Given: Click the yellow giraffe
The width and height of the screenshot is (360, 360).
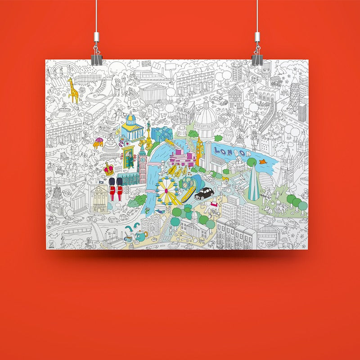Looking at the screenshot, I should point(73,90).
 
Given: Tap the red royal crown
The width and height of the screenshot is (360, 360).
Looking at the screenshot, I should point(108,169).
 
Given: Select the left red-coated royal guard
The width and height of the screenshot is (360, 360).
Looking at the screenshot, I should point(112,189).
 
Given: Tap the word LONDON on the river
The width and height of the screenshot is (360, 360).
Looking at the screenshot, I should point(232,152).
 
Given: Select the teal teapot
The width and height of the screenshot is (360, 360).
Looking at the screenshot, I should point(141,234).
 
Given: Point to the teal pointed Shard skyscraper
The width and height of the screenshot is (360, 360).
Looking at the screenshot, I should point(253,182).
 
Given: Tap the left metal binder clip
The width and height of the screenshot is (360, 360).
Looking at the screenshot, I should point(96,58).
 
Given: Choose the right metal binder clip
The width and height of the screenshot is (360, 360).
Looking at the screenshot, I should point(257,58).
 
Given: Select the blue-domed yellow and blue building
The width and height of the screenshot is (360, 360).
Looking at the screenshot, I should point(131,127).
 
